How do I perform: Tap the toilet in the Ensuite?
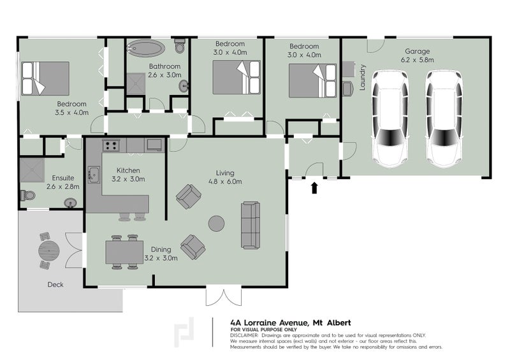pyautogui.click(x=28, y=196)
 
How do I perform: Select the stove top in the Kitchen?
pyautogui.click(x=111, y=145)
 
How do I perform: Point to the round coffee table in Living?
pyautogui.click(x=216, y=224)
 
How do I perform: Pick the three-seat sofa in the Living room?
pyautogui.click(x=251, y=225)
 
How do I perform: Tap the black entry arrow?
pyautogui.click(x=314, y=187)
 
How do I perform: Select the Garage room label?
pyautogui.click(x=418, y=51)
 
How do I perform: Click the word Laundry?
pyautogui.click(x=362, y=77)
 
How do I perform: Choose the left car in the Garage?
pyautogui.click(x=390, y=119)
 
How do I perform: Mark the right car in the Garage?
pyautogui.click(x=444, y=119)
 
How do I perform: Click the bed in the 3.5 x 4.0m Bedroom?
pyautogui.click(x=45, y=78)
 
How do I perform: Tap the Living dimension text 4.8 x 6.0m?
pyautogui.click(x=225, y=182)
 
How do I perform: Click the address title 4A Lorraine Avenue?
pyautogui.click(x=269, y=322)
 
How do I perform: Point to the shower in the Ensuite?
pyautogui.click(x=33, y=170)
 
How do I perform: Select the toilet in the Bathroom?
pyautogui.click(x=180, y=46)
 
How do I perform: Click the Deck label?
pyautogui.click(x=55, y=285)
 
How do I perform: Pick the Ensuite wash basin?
pyautogui.click(x=70, y=203)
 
